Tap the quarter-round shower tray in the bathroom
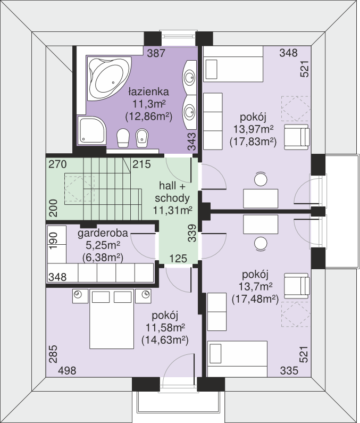pos(91,130)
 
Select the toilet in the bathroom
pos(123,138)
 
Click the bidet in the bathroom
pos(142,138)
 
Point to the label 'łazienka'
pos(148,92)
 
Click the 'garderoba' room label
pos(103,233)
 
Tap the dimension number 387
pos(156,53)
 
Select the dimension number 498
pos(67,371)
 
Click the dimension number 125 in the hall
pos(178,259)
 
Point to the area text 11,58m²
pos(165,328)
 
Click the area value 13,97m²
pos(254,129)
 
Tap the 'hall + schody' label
pos(172,192)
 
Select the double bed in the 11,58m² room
pos(112,319)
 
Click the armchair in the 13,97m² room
pos(297,137)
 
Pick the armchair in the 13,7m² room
pos(297,286)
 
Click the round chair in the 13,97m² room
pos(261,179)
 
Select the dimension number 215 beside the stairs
pos(141,164)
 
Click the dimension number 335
pos(289,371)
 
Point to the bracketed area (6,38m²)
pos(103,258)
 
